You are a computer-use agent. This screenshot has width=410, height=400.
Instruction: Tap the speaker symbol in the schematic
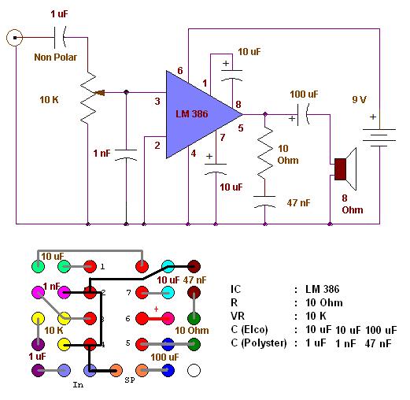click(x=345, y=169)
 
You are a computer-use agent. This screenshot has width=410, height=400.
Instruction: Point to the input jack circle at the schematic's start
click(x=13, y=37)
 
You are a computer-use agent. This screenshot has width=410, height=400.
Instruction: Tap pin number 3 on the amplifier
click(x=157, y=102)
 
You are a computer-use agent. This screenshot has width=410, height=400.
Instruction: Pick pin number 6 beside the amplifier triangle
click(x=179, y=71)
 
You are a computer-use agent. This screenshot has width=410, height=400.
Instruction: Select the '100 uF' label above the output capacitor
click(x=303, y=94)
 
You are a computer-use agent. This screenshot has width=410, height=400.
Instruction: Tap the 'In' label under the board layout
click(x=77, y=384)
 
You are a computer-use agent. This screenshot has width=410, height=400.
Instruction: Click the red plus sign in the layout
click(x=156, y=309)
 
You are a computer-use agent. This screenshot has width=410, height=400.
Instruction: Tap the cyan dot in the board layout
click(x=168, y=267)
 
